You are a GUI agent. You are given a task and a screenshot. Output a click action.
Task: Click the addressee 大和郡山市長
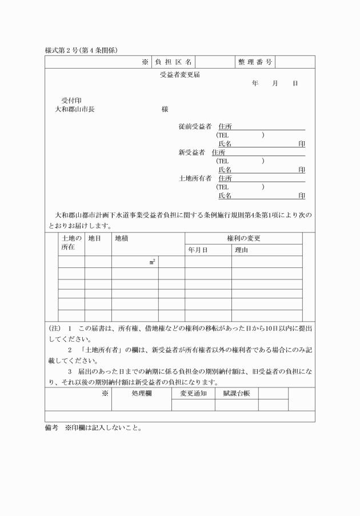[75, 109]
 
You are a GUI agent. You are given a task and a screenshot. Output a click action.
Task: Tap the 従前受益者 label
[195, 126]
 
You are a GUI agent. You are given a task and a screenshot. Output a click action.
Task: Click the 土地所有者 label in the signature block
[195, 178]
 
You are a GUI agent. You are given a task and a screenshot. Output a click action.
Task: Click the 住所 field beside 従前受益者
[228, 126]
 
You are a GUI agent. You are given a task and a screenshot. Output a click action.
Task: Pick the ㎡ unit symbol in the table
[153, 262]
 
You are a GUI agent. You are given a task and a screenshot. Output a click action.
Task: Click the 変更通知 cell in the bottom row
[193, 394]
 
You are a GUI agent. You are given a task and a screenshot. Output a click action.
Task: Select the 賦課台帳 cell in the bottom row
[236, 394]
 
